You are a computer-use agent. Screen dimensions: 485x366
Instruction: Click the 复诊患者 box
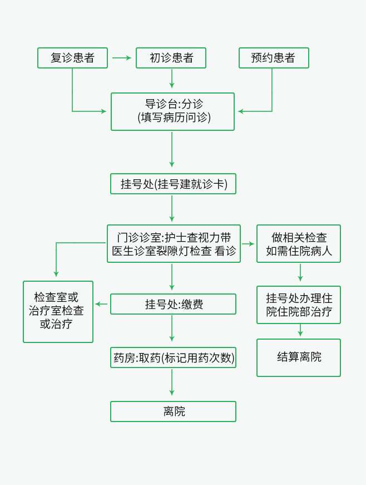[72, 58]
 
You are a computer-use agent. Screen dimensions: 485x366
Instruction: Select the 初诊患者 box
[171, 58]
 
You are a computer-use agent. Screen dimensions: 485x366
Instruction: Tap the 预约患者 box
[274, 58]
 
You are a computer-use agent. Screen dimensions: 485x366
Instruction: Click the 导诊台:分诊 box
[172, 111]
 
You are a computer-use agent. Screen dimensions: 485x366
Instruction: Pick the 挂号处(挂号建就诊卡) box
[173, 184]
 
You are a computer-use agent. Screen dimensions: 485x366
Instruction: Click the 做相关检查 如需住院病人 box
[299, 243]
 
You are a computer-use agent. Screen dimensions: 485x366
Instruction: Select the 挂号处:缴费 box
[173, 304]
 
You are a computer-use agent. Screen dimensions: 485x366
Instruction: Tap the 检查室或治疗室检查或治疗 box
[58, 311]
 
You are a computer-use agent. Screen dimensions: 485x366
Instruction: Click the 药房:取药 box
[173, 357]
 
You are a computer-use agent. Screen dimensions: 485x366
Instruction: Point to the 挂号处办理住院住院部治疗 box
[299, 305]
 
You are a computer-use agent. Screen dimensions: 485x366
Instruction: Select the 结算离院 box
[299, 357]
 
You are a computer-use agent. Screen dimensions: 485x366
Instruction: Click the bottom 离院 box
[173, 411]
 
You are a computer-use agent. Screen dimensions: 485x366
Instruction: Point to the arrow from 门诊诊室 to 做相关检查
[248, 244]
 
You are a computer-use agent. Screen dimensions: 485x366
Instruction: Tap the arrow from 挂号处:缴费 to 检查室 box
[102, 304]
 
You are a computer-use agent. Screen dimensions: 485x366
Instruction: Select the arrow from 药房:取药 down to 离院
[172, 384]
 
